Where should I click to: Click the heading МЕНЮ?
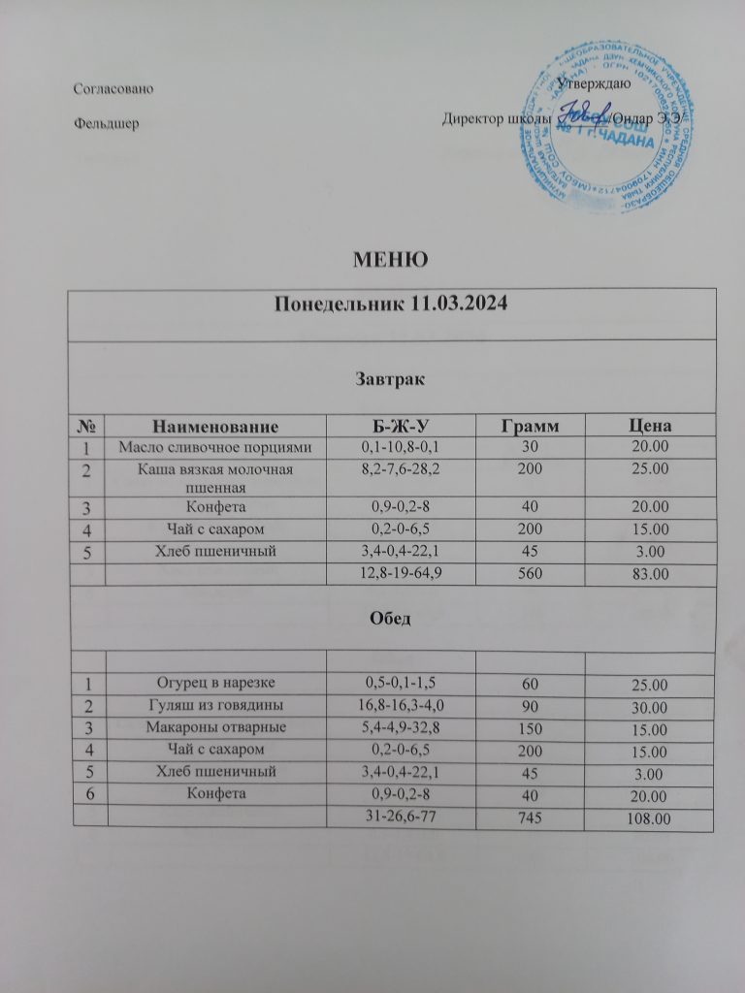[391, 259]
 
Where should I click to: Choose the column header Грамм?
[529, 426]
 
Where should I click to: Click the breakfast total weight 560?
[530, 573]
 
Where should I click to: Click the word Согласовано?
[114, 89]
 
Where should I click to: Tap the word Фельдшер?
[106, 123]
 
